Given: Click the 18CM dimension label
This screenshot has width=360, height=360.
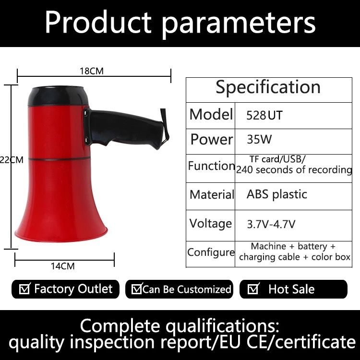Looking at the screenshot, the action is coord(92,71).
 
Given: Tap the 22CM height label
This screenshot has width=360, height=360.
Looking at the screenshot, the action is coord(12,159).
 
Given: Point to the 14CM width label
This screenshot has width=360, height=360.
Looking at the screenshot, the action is coord(63,266).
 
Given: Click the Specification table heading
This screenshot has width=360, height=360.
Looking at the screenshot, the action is coord(268,87).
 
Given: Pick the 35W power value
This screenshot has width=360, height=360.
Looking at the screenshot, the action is coord(259,139).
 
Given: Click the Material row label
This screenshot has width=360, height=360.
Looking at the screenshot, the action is coord(212,194).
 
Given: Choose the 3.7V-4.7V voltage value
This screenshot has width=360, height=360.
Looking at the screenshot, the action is coord(271,224).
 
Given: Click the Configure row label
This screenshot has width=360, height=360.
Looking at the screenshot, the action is coord(211,252).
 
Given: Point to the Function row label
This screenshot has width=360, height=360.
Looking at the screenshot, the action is coord(212,166).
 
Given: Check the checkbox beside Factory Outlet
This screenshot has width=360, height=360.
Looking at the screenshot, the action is coord(24,288).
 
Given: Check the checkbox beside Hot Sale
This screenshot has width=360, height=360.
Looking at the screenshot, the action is coord(253,288).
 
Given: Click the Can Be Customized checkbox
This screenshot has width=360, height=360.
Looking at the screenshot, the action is coord(137,288).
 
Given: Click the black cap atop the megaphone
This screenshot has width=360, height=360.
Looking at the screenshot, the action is coord(58,96).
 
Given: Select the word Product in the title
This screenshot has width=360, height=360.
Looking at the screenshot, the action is coord(98,22).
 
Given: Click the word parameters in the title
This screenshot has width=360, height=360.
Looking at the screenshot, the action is coord(239,24).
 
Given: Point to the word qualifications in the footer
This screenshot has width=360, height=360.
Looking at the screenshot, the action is coord(223,326).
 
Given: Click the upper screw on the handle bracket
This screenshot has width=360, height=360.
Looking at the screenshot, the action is coord(86,113).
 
